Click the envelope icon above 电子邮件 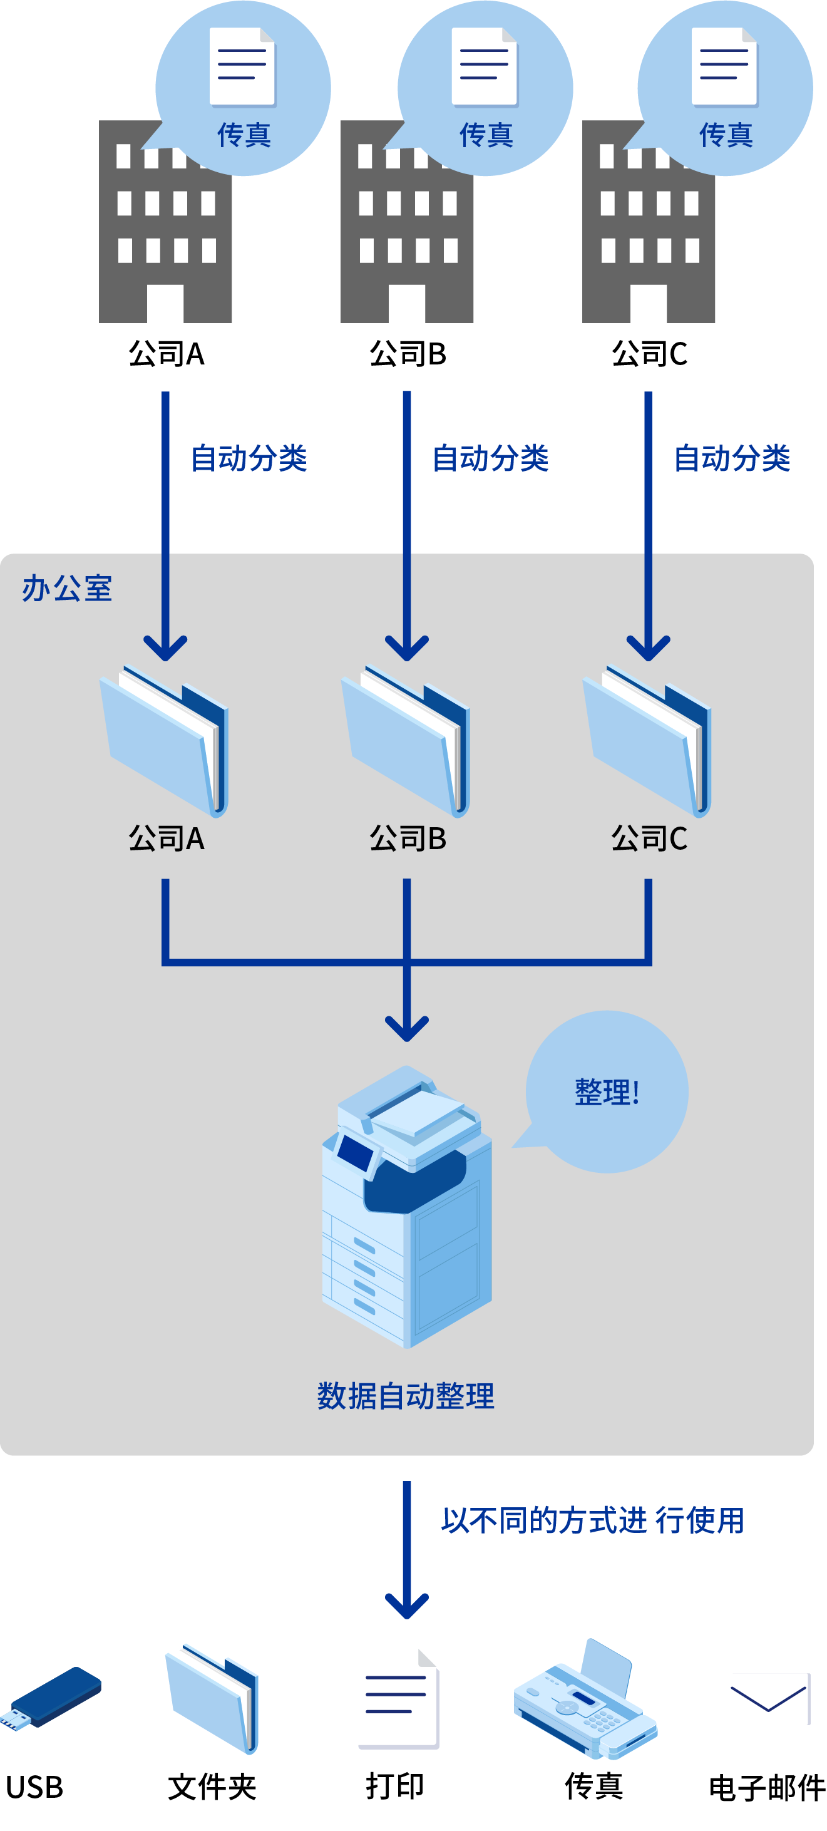pyautogui.click(x=770, y=1699)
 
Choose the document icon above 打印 pyautogui.click(x=399, y=1699)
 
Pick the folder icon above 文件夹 pyautogui.click(x=212, y=1698)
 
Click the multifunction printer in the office pyautogui.click(x=406, y=1206)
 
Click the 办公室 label pyautogui.click(x=67, y=589)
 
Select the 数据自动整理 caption pyautogui.click(x=406, y=1396)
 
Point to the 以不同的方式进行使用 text pyautogui.click(x=592, y=1520)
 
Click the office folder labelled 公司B pyautogui.click(x=406, y=741)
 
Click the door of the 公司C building pyautogui.click(x=648, y=304)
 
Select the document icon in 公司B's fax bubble pyautogui.click(x=485, y=67)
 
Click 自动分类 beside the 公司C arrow pyautogui.click(x=732, y=458)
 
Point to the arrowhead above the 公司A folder pyautogui.click(x=165, y=648)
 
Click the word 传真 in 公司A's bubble pyautogui.click(x=244, y=135)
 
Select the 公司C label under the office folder pyautogui.click(x=649, y=838)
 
